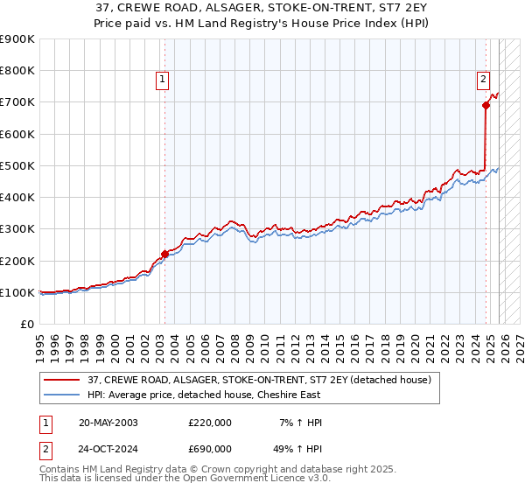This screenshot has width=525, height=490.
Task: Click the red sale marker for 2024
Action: (486, 105)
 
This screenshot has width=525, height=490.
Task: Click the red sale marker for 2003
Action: (164, 255)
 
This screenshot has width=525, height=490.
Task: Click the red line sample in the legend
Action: (63, 381)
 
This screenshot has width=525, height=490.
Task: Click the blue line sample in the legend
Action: (63, 395)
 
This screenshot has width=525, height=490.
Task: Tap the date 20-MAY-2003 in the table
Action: (108, 423)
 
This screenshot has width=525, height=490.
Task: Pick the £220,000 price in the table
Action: (210, 423)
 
